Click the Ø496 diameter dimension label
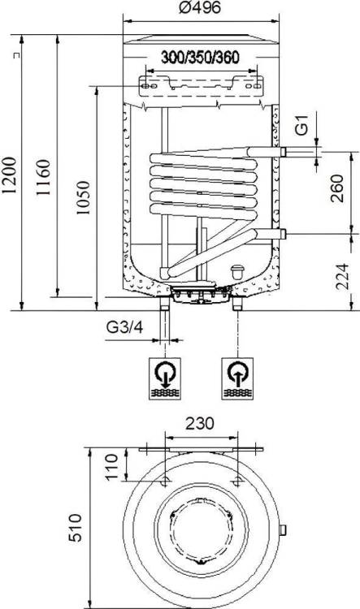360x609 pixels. pos(200,7)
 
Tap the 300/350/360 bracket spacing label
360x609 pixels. pos(200,58)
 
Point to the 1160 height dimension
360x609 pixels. pos(44,177)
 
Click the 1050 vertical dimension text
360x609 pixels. pos(82,197)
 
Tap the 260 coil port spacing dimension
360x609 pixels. pos(336,188)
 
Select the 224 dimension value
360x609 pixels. pos(342,277)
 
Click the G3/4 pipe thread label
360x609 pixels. pos(125,327)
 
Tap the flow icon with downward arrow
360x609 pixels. pos(165,378)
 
